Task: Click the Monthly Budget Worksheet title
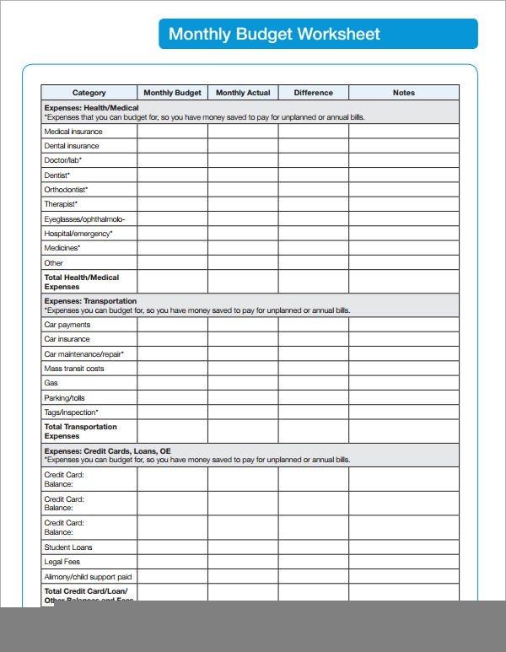click(x=274, y=35)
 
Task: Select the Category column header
click(x=89, y=93)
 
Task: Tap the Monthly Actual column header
click(x=243, y=93)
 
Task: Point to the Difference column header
click(x=313, y=93)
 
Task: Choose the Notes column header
click(x=404, y=93)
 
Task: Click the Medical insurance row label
click(x=73, y=132)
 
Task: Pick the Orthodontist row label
click(x=66, y=190)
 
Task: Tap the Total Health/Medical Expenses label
click(x=81, y=282)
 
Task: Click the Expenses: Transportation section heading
click(x=89, y=301)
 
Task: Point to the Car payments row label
click(x=67, y=325)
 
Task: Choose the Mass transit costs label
click(x=74, y=369)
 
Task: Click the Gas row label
click(x=51, y=383)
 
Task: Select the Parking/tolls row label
click(x=64, y=398)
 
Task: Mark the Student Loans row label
click(x=68, y=547)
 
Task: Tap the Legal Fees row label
click(x=62, y=562)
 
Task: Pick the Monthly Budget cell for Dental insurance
click(x=172, y=146)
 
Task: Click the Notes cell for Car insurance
click(x=404, y=339)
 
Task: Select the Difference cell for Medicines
click(x=313, y=249)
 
